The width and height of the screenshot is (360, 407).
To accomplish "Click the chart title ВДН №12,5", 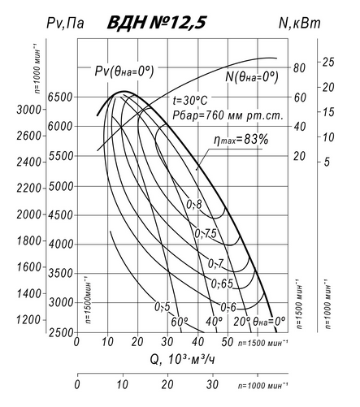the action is coord(157,23).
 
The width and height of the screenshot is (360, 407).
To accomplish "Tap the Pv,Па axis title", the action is coord(65,23).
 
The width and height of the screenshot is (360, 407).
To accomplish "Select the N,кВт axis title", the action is coord(300,23).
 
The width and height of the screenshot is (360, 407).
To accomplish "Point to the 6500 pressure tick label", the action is coord(60,97).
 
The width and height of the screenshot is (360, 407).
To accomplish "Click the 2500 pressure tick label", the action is coord(61,333).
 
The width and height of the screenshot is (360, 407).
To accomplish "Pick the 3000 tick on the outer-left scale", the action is coord(29,110).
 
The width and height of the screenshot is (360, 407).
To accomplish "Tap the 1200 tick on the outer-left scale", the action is coord(28,320).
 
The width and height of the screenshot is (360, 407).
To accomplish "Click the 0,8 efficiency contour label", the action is coord(194,205).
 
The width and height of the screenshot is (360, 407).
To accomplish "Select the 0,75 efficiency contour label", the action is coord(206,233).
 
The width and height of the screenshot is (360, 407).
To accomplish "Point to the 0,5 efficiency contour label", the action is coord(163,307).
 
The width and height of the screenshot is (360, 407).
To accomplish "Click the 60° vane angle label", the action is coord(180,322).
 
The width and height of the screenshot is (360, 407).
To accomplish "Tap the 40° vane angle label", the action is coord(214,322).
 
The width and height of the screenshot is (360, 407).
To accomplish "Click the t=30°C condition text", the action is coord(190,101).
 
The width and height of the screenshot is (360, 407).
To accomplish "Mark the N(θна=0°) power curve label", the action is coord(252,77).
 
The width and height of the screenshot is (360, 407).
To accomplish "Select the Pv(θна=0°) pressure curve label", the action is coord(124,71).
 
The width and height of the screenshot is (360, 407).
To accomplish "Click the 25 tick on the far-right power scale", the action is coord(328,63).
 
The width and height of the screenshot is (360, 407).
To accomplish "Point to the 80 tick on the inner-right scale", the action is coord(299,68).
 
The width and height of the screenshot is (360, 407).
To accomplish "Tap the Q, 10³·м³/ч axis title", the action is coord(183,360).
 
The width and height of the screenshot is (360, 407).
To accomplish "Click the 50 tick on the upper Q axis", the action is coord(227,342).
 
